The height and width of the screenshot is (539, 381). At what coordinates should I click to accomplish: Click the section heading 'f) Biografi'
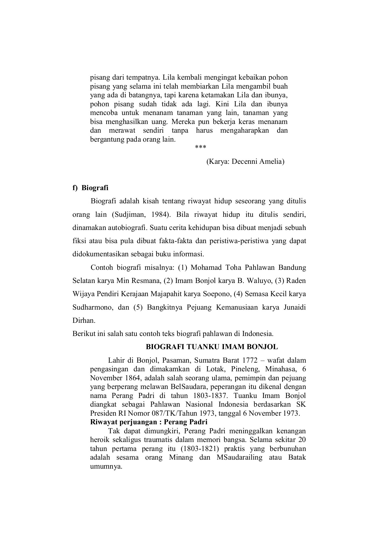[x=90, y=188]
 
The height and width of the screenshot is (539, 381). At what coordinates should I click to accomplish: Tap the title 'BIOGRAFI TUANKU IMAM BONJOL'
[x=212, y=347]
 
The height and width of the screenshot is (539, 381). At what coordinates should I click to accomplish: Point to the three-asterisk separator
[x=201, y=147]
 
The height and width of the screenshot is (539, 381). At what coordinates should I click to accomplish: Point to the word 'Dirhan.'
[x=84, y=320]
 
